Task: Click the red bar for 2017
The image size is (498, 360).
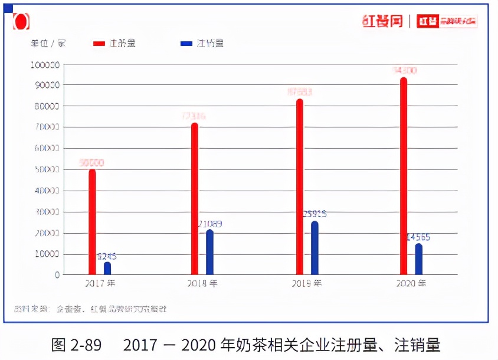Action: coord(92,222)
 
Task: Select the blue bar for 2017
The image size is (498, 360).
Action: coord(107,269)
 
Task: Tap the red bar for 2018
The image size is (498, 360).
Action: coord(195,199)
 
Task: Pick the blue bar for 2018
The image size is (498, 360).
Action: coord(209,252)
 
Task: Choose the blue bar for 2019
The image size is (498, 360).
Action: coord(314,248)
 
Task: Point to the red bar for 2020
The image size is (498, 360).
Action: coord(404,176)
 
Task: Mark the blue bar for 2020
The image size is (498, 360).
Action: coord(418,259)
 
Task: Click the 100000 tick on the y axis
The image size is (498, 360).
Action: coord(44,64)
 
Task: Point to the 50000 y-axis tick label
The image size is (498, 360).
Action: coord(45,169)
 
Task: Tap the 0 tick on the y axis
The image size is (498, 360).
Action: coord(57,275)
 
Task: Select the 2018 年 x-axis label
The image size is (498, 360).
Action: coord(202,283)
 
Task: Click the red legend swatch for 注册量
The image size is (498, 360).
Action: coord(99,44)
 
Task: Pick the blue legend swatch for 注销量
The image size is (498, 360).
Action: coord(186,44)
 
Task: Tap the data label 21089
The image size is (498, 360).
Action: coord(210,224)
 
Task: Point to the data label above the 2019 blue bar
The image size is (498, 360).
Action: coord(314,214)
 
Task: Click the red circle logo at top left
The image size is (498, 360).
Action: coord(21,22)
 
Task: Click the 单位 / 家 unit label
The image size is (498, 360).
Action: coord(48,44)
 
